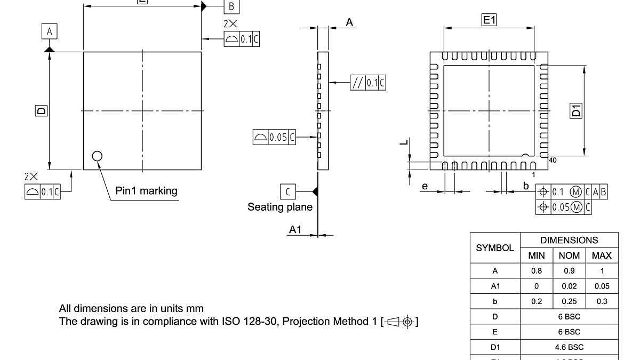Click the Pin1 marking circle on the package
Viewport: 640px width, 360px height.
pyautogui.click(x=97, y=156)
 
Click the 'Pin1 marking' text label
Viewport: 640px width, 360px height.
pyautogui.click(x=146, y=191)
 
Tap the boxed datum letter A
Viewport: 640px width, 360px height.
pyautogui.click(x=50, y=32)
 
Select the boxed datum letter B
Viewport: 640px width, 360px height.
pyautogui.click(x=231, y=6)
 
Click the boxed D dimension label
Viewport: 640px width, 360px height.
pyautogui.click(x=41, y=110)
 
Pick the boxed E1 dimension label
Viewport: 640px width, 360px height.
pyautogui.click(x=489, y=20)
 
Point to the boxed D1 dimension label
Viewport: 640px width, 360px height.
pyautogui.click(x=577, y=111)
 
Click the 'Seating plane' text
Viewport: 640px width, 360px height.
pyautogui.click(x=279, y=207)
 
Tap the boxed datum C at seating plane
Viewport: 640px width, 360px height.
pyautogui.click(x=287, y=191)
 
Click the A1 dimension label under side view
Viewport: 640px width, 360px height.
pyautogui.click(x=295, y=229)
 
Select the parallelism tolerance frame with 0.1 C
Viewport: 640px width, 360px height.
pyautogui.click(x=368, y=83)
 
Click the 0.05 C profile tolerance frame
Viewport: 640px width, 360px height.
pyautogui.click(x=274, y=137)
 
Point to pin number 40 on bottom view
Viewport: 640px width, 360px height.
pyautogui.click(x=552, y=160)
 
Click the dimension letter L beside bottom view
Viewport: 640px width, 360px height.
pyautogui.click(x=405, y=142)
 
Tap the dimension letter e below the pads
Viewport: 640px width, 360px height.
pyautogui.click(x=425, y=186)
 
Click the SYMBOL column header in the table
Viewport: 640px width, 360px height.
pyautogui.click(x=495, y=248)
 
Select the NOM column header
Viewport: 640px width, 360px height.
pyautogui.click(x=569, y=256)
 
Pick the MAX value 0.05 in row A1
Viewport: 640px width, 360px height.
pyautogui.click(x=602, y=286)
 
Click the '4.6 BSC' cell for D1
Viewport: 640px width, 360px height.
pyautogui.click(x=569, y=347)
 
